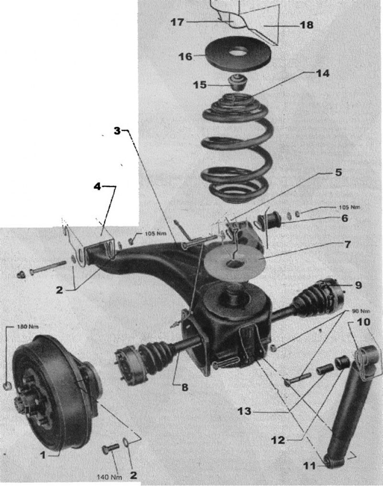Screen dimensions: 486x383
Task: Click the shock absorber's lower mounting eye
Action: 329,460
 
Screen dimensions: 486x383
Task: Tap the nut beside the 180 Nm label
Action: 8,386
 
